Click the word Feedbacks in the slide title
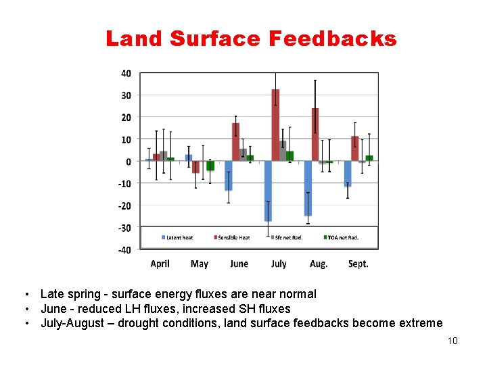pos(332,39)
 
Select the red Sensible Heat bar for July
pos(275,125)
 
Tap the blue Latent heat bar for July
pos(268,191)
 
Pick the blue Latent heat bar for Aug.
pos(308,188)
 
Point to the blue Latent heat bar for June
pos(229,176)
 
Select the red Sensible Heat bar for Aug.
pos(315,135)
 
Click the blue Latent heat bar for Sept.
pos(348,173)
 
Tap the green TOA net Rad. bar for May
pos(210,166)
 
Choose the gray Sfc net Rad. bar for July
pos(283,151)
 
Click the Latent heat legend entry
pos(178,237)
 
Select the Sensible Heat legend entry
pos(232,237)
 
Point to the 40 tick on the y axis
pos(126,73)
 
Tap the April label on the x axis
pos(160,264)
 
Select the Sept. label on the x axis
pos(358,264)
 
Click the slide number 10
pos(453,340)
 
